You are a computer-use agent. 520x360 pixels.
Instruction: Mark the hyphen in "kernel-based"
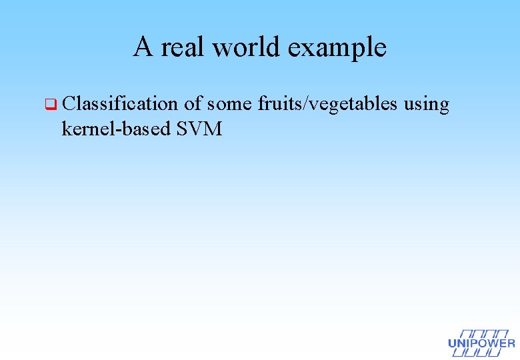tap(115, 130)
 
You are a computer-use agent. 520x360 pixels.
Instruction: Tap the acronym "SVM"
tap(199, 129)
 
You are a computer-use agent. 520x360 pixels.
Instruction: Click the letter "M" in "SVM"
tap(213, 129)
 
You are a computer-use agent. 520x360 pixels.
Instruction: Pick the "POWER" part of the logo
tap(493, 344)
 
